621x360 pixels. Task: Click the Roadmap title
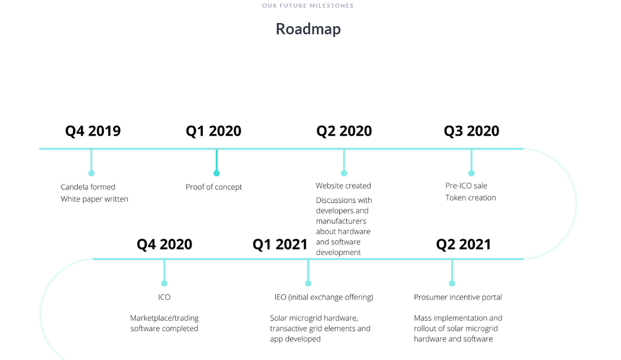308,29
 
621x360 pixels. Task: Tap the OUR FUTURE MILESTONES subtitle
308,6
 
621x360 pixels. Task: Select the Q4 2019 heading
93,131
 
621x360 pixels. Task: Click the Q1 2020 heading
214,131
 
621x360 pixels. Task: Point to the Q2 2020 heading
344,131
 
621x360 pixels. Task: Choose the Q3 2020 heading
471,131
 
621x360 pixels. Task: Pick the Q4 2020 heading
164,244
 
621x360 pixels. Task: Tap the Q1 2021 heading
280,244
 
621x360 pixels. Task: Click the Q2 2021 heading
464,244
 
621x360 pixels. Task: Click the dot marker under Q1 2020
217,173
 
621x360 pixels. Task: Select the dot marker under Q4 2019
91,173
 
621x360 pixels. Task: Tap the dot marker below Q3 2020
471,173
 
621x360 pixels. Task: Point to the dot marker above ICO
164,283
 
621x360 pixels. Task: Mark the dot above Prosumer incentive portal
452,283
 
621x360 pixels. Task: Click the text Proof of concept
214,187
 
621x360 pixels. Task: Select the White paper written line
95,199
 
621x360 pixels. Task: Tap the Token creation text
471,198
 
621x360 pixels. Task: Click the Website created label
343,186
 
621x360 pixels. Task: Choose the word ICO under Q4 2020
164,297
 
